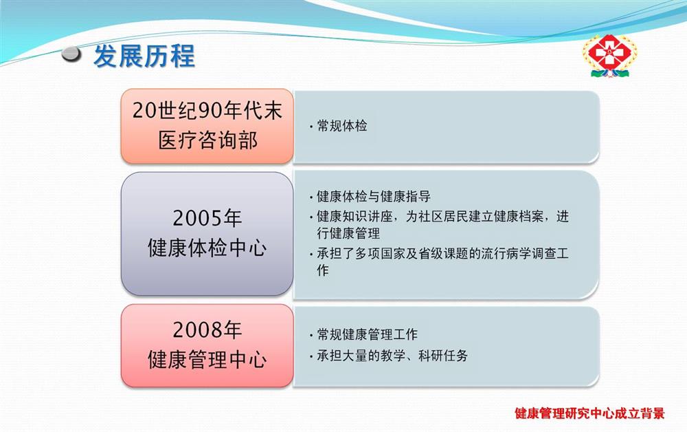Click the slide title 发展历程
144,56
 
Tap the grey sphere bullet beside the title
71,54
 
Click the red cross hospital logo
609,56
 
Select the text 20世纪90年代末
207,110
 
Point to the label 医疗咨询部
207,141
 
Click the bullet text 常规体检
341,126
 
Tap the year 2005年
207,218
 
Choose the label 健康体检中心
207,248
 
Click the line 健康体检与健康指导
374,196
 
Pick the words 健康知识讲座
354,216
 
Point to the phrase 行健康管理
348,233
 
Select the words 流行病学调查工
525,254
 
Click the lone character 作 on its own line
323,270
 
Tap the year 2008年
207,330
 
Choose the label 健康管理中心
207,360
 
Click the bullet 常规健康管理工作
367,334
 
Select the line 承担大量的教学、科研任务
392,355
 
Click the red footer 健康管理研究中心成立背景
589,413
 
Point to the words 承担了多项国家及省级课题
392,254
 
